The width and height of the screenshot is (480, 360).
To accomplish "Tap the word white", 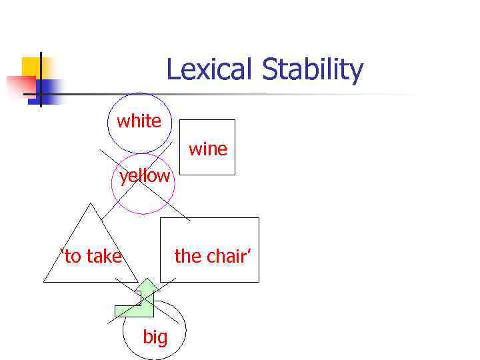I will [139, 121].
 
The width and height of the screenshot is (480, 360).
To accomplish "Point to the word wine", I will [208, 149].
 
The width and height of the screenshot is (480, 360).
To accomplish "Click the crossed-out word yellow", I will [145, 177].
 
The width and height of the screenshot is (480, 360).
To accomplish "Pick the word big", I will [155, 337].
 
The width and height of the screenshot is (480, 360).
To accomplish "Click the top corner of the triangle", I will [89, 203].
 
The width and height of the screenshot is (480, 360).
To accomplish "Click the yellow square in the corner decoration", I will [31, 66].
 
